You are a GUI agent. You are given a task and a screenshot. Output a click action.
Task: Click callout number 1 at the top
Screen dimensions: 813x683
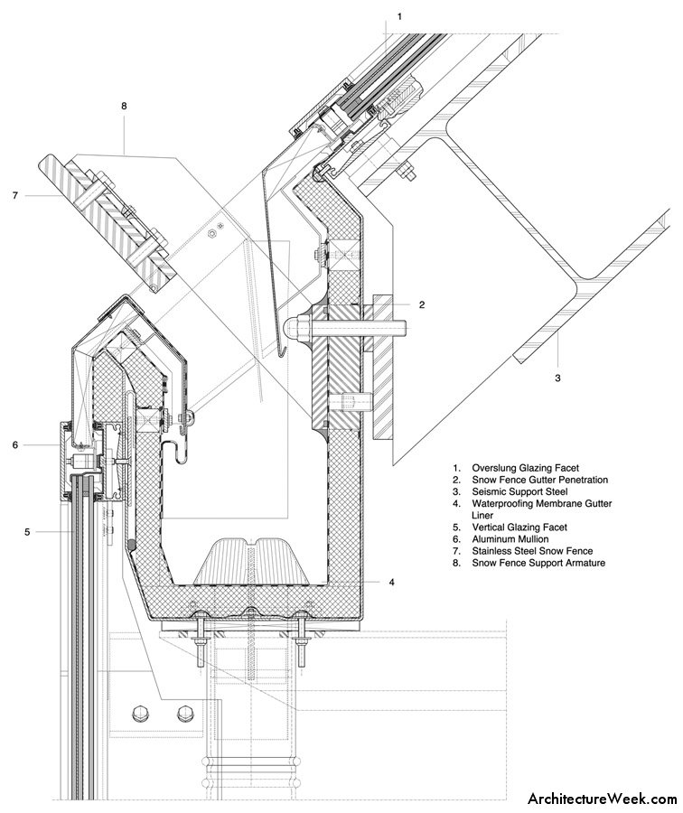click(x=398, y=16)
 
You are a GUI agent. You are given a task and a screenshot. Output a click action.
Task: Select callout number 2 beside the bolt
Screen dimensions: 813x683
click(x=421, y=305)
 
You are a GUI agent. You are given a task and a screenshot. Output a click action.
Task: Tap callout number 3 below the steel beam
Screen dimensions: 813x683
click(x=557, y=378)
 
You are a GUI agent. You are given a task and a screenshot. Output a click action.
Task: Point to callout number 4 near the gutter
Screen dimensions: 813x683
click(x=391, y=583)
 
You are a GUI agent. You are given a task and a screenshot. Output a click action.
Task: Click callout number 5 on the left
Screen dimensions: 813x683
click(x=27, y=532)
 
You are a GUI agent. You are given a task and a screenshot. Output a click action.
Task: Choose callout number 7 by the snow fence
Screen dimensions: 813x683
click(x=15, y=194)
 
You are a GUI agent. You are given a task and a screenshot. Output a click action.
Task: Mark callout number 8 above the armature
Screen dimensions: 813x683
click(x=124, y=106)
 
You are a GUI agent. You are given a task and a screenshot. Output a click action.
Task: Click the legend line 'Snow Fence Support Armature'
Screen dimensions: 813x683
click(x=537, y=563)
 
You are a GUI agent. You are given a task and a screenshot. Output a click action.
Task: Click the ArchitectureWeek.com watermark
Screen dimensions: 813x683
click(x=602, y=799)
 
